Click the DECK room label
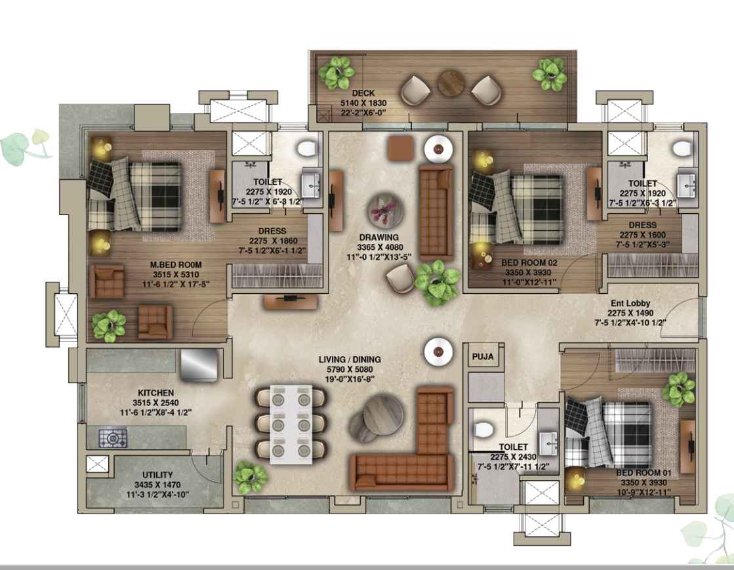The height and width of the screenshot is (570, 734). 363,93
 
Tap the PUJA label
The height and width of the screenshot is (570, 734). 483,357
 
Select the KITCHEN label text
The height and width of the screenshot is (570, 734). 156,393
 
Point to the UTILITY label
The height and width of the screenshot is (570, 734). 157,474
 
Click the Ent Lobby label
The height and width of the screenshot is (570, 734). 630,303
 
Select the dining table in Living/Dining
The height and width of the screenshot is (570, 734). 291,424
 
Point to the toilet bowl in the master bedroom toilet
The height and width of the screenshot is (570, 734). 306,148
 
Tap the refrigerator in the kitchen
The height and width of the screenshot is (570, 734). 199,365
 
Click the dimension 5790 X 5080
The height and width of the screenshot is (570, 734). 350,369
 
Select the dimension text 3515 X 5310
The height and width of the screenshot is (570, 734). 176,275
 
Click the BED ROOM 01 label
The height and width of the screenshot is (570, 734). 643,473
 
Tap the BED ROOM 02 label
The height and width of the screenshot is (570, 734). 529,262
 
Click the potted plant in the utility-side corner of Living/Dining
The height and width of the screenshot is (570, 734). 251,478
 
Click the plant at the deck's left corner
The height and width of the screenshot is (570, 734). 336,73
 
